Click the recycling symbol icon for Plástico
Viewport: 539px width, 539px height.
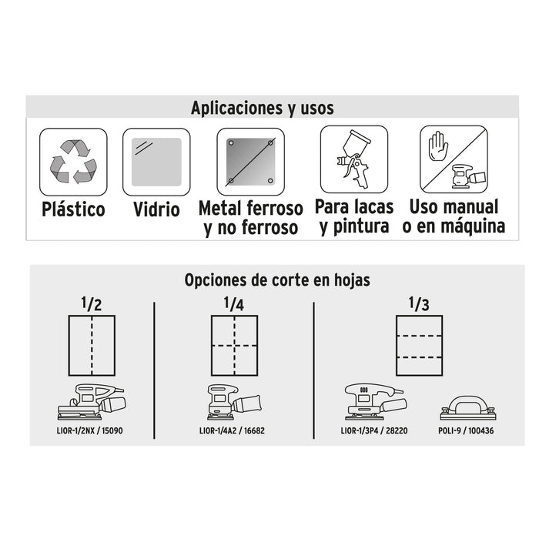click(73, 162)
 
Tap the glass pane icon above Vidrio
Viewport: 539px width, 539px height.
click(156, 162)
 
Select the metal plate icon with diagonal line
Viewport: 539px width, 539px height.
click(250, 162)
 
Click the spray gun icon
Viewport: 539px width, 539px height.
click(353, 158)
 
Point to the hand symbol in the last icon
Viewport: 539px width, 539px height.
click(438, 146)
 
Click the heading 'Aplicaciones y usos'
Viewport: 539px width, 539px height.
click(263, 108)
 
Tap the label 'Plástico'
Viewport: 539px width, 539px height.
click(73, 209)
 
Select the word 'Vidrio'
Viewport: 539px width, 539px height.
click(156, 209)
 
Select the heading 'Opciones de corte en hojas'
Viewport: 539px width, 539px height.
click(277, 280)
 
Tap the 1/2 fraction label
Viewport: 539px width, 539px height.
click(92, 304)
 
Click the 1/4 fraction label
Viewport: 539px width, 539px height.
click(234, 304)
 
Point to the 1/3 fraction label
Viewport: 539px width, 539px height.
click(419, 304)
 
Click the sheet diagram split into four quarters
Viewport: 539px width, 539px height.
click(234, 346)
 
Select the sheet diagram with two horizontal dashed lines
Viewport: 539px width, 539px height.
click(419, 346)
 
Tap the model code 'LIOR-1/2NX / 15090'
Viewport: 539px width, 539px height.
click(90, 430)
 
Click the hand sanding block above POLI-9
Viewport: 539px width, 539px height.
click(468, 408)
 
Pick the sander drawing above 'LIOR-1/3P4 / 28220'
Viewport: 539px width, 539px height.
click(375, 401)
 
